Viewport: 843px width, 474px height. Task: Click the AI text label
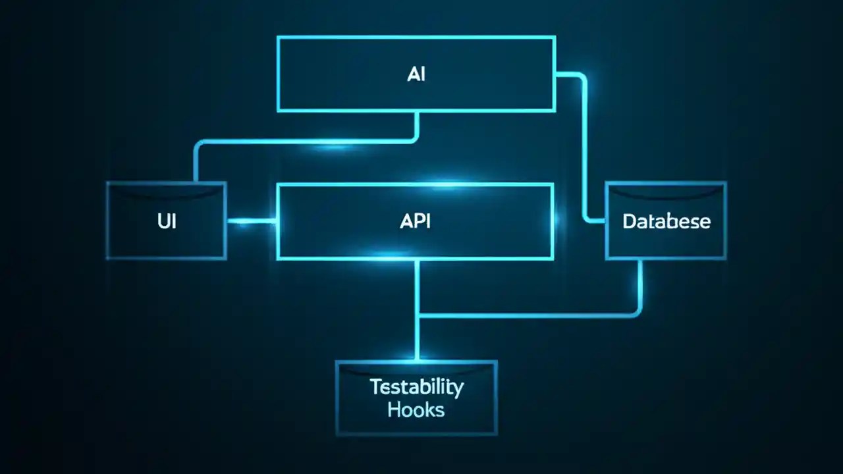click(x=416, y=74)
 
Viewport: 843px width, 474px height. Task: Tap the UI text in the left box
click(x=167, y=221)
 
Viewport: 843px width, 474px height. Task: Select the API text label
click(x=415, y=221)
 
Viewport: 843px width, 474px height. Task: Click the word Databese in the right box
click(x=666, y=221)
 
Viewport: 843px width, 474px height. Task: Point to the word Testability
click(x=416, y=386)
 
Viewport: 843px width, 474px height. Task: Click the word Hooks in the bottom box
click(x=416, y=409)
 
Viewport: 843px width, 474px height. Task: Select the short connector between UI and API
click(x=252, y=221)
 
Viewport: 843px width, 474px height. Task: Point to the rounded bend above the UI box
click(x=198, y=144)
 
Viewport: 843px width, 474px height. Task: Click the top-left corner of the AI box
click(x=279, y=38)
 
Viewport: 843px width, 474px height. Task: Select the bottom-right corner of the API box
click(x=552, y=257)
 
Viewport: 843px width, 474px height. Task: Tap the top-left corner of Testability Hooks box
click(x=337, y=362)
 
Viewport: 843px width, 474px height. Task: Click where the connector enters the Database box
click(x=606, y=221)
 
